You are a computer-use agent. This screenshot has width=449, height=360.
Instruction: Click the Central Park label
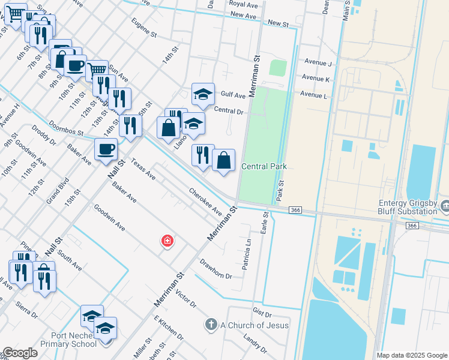(264, 166)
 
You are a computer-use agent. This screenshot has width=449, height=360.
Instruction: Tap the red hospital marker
(167, 241)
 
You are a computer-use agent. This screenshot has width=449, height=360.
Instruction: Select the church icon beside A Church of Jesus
(211, 325)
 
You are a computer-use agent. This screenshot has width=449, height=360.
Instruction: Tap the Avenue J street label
(318, 63)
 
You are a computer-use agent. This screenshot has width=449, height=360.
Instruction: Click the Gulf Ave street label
(233, 95)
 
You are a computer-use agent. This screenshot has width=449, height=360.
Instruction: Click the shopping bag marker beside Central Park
(223, 160)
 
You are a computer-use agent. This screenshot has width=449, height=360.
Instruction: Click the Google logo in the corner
(20, 353)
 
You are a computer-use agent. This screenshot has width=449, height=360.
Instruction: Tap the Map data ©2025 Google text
(411, 355)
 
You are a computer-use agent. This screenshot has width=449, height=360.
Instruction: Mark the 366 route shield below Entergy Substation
(411, 225)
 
